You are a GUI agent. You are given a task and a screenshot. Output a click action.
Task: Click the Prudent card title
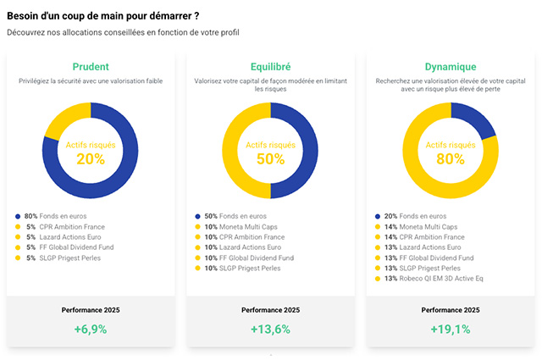click(x=91, y=66)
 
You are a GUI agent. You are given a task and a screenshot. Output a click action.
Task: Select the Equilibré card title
click(x=271, y=66)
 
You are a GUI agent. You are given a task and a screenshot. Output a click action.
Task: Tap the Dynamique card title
click(x=451, y=66)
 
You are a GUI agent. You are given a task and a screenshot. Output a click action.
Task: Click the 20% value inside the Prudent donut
click(x=91, y=159)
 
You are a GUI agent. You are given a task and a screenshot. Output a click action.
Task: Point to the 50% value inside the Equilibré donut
click(x=271, y=159)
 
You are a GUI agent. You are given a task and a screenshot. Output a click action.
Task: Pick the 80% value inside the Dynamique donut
click(x=451, y=159)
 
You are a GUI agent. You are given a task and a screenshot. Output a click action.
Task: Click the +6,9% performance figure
click(x=91, y=330)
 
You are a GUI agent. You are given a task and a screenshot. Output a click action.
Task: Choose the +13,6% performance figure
click(x=271, y=330)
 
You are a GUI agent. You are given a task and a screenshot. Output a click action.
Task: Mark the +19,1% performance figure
click(x=451, y=330)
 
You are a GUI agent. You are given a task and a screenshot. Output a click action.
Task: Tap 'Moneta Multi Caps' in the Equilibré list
click(x=248, y=227)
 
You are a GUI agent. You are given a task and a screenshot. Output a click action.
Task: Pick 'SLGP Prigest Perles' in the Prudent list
click(x=69, y=258)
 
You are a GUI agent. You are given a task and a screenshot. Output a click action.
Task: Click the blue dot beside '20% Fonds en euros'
click(x=378, y=217)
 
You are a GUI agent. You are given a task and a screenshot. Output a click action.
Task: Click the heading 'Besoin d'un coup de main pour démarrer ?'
click(x=103, y=16)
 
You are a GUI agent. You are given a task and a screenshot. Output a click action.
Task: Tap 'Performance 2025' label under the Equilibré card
click(x=271, y=310)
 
